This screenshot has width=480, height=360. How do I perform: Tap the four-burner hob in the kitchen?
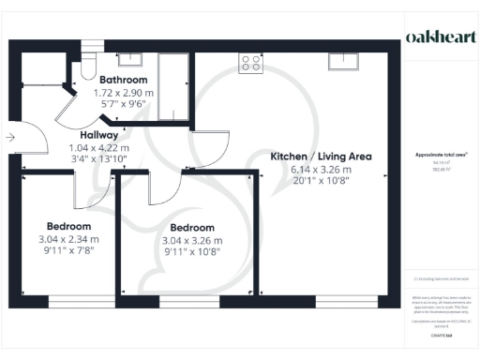click(251, 63)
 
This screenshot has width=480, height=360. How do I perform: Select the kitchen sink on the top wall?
click(341, 63)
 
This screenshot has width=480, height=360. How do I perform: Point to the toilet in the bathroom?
click(87, 66)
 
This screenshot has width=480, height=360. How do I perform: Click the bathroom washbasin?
click(132, 60)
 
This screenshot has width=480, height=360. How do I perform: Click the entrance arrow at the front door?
click(9, 138)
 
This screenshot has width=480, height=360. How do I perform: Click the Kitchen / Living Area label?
click(321, 156)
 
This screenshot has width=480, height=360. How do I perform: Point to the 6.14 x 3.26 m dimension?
click(321, 169)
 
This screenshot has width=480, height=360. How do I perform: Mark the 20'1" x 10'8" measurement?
click(321, 182)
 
